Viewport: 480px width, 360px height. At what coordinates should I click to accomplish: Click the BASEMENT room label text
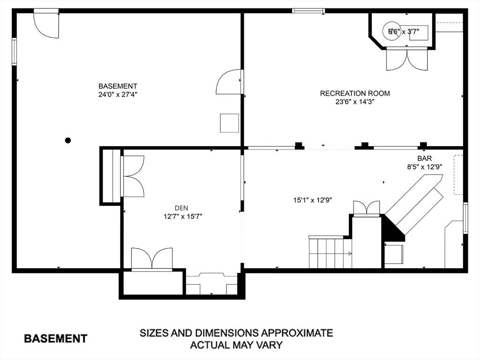point(118,86)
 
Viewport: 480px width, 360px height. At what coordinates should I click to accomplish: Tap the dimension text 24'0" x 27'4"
point(118,95)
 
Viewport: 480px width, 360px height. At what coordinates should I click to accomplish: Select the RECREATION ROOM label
point(355,93)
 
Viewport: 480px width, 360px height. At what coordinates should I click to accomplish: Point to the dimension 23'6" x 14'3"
point(355,102)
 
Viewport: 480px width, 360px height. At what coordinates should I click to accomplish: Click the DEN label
point(181,208)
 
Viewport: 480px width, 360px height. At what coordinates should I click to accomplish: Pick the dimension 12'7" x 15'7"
point(183,217)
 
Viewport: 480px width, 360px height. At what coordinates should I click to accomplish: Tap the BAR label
point(425,158)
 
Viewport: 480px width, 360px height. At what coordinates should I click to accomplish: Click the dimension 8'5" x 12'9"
point(424,167)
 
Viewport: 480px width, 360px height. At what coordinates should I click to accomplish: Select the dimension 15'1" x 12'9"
point(313,200)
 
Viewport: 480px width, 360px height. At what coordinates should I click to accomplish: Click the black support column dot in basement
point(68,141)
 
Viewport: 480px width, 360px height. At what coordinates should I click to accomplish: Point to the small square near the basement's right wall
point(230,123)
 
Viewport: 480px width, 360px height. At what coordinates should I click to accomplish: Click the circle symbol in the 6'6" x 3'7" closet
point(391,30)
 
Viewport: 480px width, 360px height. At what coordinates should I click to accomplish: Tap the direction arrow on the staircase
point(349,254)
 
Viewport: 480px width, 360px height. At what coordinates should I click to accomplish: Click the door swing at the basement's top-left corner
point(46,24)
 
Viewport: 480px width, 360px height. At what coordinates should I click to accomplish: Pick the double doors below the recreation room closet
point(407,59)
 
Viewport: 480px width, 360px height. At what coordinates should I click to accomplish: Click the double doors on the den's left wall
point(132,176)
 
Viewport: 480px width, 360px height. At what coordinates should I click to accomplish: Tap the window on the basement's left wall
point(15,52)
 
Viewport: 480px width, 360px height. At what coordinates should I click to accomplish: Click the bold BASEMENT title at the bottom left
point(56,338)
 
